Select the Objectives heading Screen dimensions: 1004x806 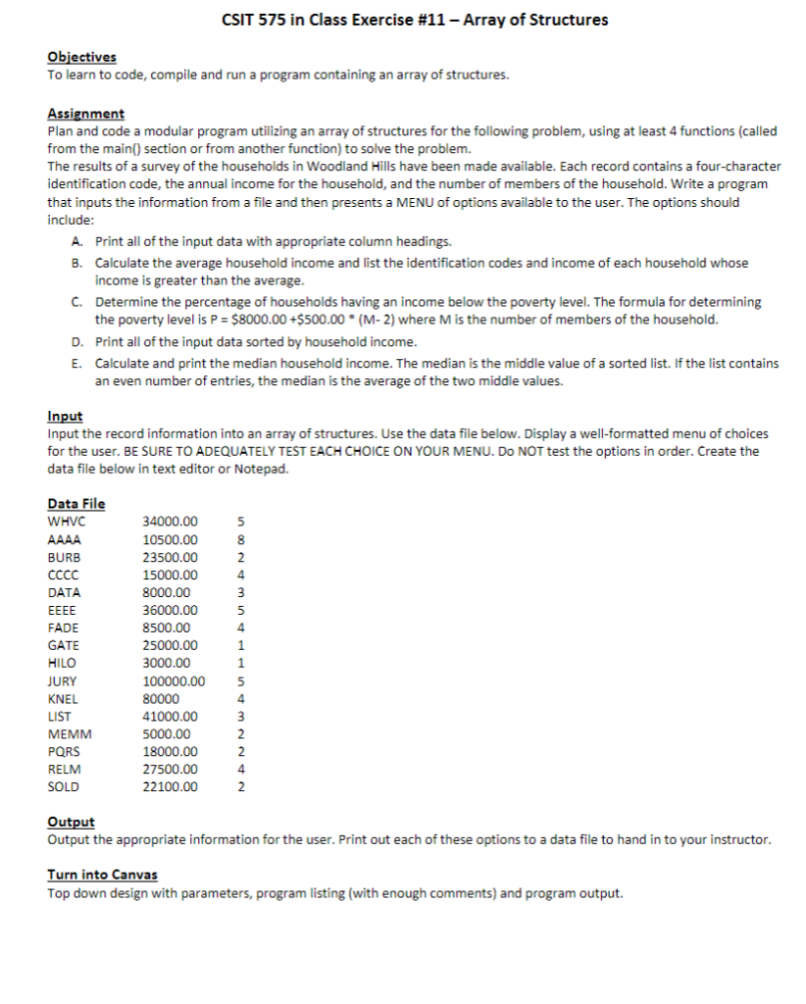pyautogui.click(x=81, y=58)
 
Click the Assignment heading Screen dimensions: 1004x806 pyautogui.click(x=85, y=115)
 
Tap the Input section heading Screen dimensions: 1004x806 pyautogui.click(x=65, y=417)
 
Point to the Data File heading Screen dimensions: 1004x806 pyautogui.click(x=76, y=504)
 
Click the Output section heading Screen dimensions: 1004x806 pyautogui.click(x=71, y=823)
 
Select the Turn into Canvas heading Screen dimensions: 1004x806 pyautogui.click(x=102, y=875)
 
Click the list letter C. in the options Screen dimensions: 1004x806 pyautogui.click(x=76, y=303)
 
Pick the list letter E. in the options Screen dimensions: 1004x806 pyautogui.click(x=76, y=363)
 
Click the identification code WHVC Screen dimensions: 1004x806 pyautogui.click(x=65, y=522)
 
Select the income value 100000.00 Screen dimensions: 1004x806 pyautogui.click(x=175, y=680)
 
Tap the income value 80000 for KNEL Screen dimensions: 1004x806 pyautogui.click(x=162, y=698)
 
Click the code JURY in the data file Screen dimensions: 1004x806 pyautogui.click(x=63, y=680)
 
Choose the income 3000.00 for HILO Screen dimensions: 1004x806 pyautogui.click(x=167, y=663)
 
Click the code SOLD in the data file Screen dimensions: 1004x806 pyautogui.click(x=64, y=786)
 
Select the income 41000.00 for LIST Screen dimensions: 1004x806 pyautogui.click(x=171, y=716)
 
